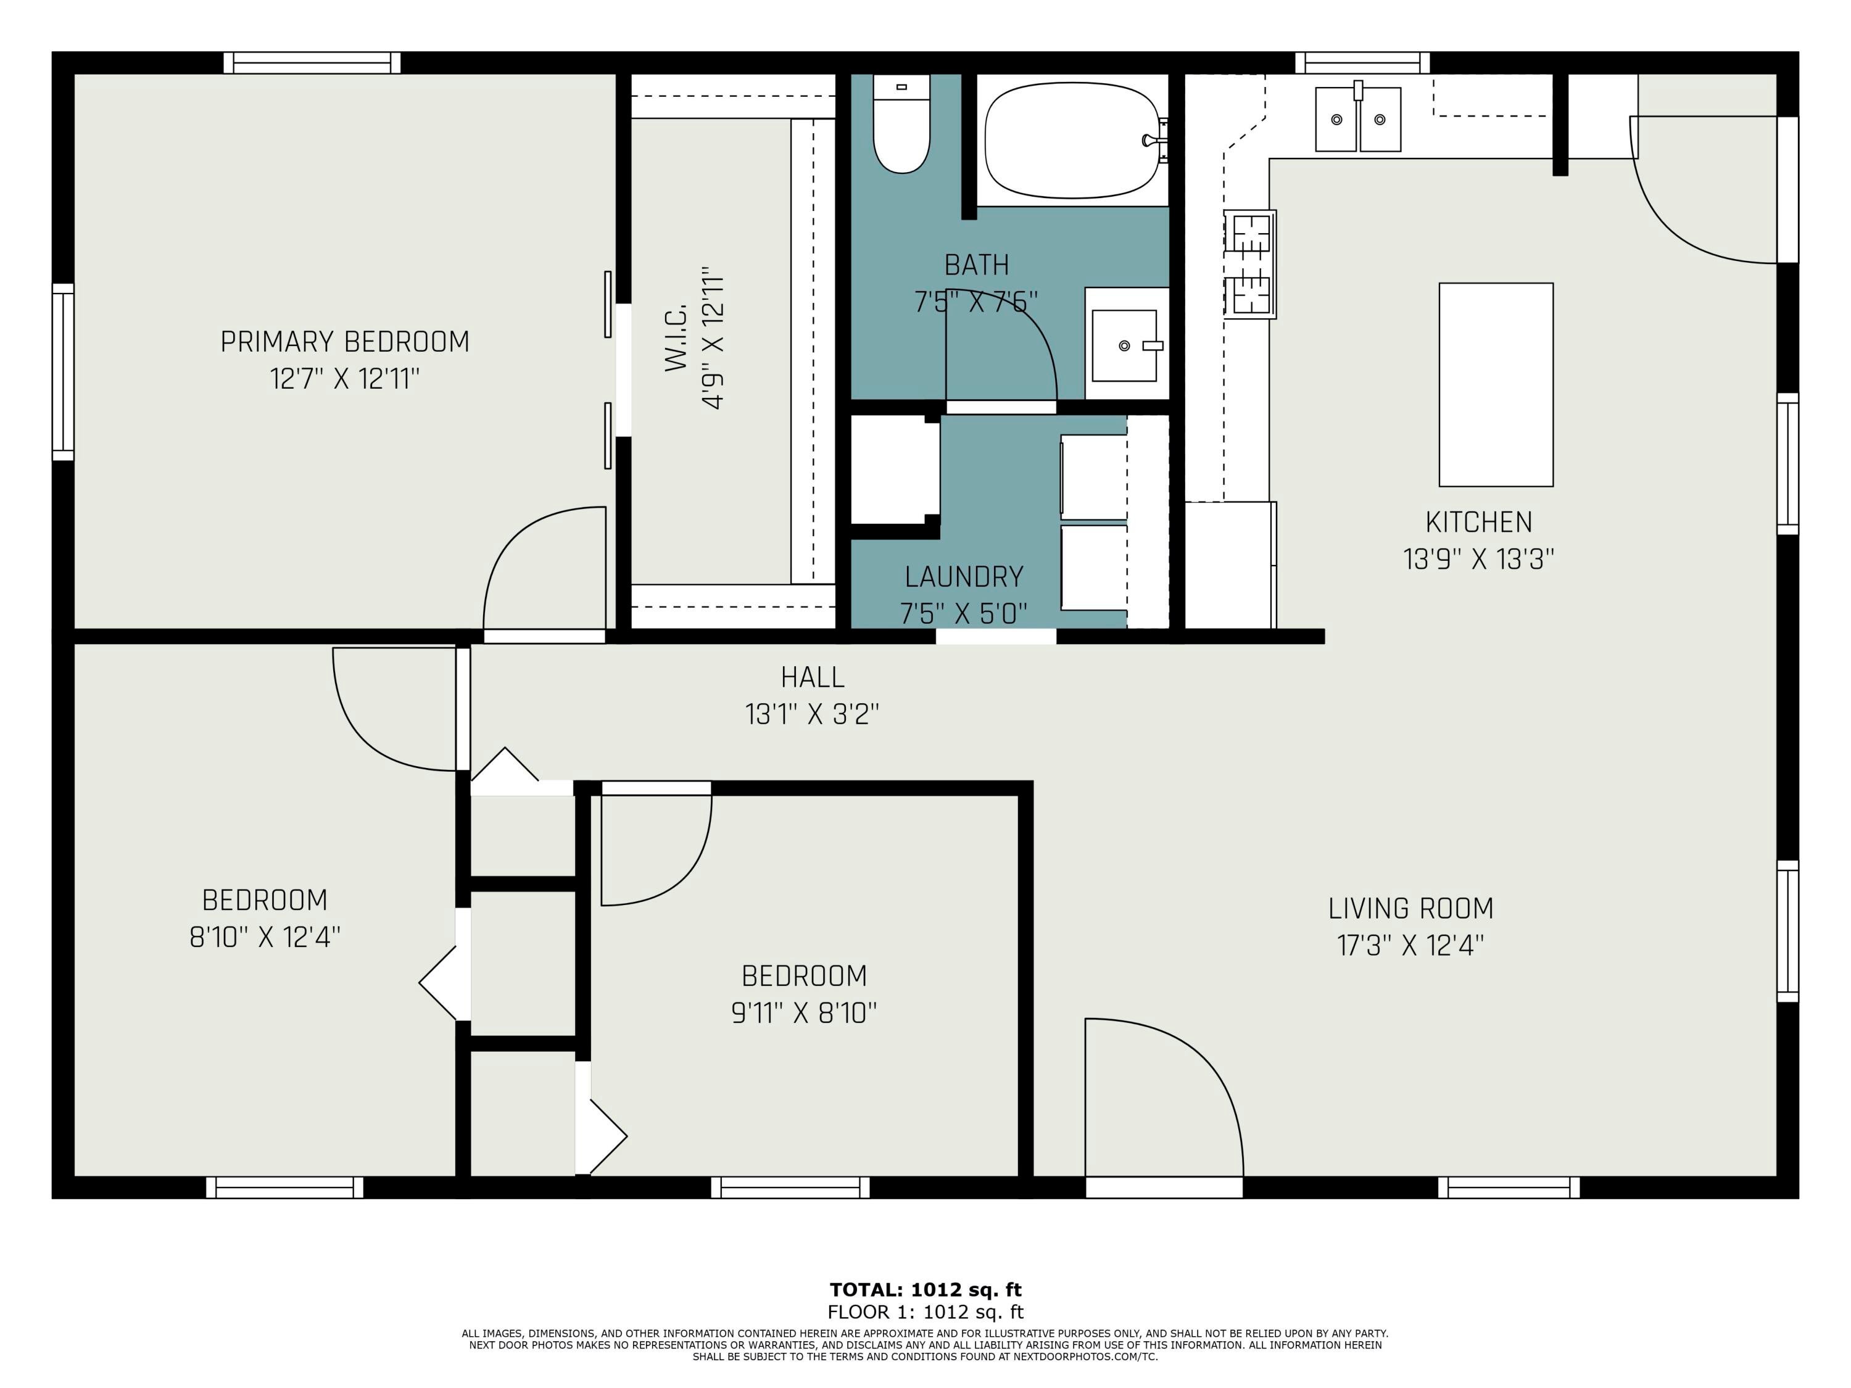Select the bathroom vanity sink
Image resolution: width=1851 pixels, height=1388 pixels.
[x=1125, y=345]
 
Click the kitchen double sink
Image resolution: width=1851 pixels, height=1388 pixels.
[x=1358, y=118]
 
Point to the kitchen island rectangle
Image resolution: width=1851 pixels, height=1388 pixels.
[x=1496, y=384]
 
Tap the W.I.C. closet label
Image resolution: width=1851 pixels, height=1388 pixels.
[x=676, y=338]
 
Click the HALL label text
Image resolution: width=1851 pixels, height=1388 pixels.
[x=813, y=677]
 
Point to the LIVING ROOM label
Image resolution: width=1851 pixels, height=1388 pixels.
[x=1411, y=908]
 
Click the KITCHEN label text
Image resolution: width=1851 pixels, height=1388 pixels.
[x=1478, y=522]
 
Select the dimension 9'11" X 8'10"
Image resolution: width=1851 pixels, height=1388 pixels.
[x=804, y=1013]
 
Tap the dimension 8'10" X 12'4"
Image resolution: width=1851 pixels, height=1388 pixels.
[x=265, y=937]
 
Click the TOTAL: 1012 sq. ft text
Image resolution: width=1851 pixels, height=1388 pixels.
[x=925, y=1289]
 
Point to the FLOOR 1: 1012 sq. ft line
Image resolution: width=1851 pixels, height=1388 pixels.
[x=925, y=1312]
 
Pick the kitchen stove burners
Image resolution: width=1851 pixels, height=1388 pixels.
[x=1250, y=265]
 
